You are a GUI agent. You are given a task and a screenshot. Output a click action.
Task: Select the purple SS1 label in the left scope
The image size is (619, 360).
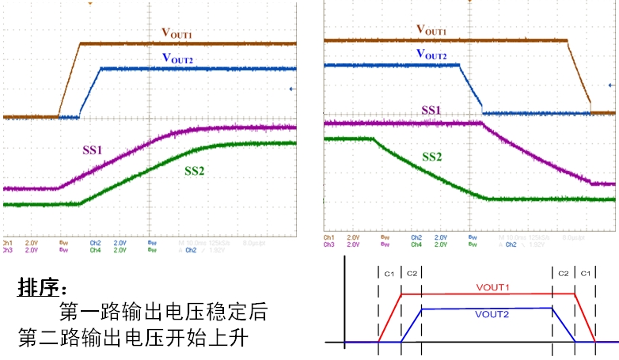coord(93,148)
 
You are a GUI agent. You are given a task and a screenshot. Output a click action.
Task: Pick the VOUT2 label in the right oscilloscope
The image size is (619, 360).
coord(431,55)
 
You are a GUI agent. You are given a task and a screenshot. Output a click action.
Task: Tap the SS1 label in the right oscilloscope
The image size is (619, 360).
coord(431,111)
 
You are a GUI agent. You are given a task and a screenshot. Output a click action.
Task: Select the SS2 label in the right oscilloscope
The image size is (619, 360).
coord(431,157)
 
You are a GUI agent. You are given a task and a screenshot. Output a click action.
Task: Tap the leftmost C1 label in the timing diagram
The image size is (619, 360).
coord(389,273)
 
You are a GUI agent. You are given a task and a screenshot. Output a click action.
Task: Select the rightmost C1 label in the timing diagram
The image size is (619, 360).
coord(586,273)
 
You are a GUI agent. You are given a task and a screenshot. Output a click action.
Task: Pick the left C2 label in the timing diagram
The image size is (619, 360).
coord(412,273)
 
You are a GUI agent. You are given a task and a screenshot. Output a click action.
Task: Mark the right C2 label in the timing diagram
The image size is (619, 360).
coord(563,273)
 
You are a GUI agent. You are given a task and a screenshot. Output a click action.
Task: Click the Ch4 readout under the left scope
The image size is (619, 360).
coord(96,250)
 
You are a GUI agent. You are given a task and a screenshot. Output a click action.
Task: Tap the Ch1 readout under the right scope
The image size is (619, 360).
coord(328,237)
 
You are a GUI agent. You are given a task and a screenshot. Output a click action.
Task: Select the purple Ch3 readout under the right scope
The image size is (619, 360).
coord(328,244)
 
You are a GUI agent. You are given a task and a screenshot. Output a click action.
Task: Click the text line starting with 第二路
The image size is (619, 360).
coord(135,339)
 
